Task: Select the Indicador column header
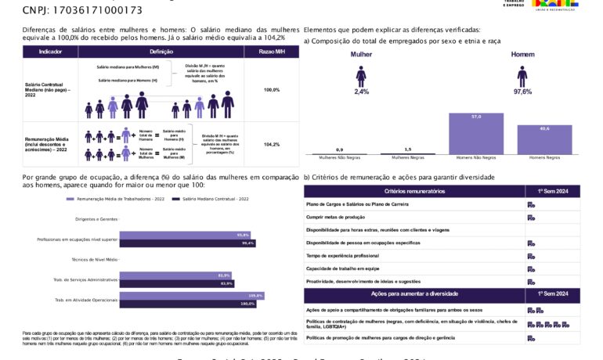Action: point(50,52)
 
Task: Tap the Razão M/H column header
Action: point(271,52)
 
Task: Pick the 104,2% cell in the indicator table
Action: point(271,145)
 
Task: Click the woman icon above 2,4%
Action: point(361,76)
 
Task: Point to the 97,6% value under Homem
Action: point(522,92)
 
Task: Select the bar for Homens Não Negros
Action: point(476,134)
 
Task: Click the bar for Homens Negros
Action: point(544,139)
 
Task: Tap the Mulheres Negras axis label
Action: point(407,158)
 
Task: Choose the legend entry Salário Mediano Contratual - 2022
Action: point(217,200)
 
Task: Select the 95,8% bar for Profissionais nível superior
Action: point(184,235)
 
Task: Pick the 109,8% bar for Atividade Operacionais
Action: point(190,296)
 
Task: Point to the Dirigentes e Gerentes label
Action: point(96,219)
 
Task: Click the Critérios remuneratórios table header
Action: point(414,192)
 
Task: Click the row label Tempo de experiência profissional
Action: point(342,256)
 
